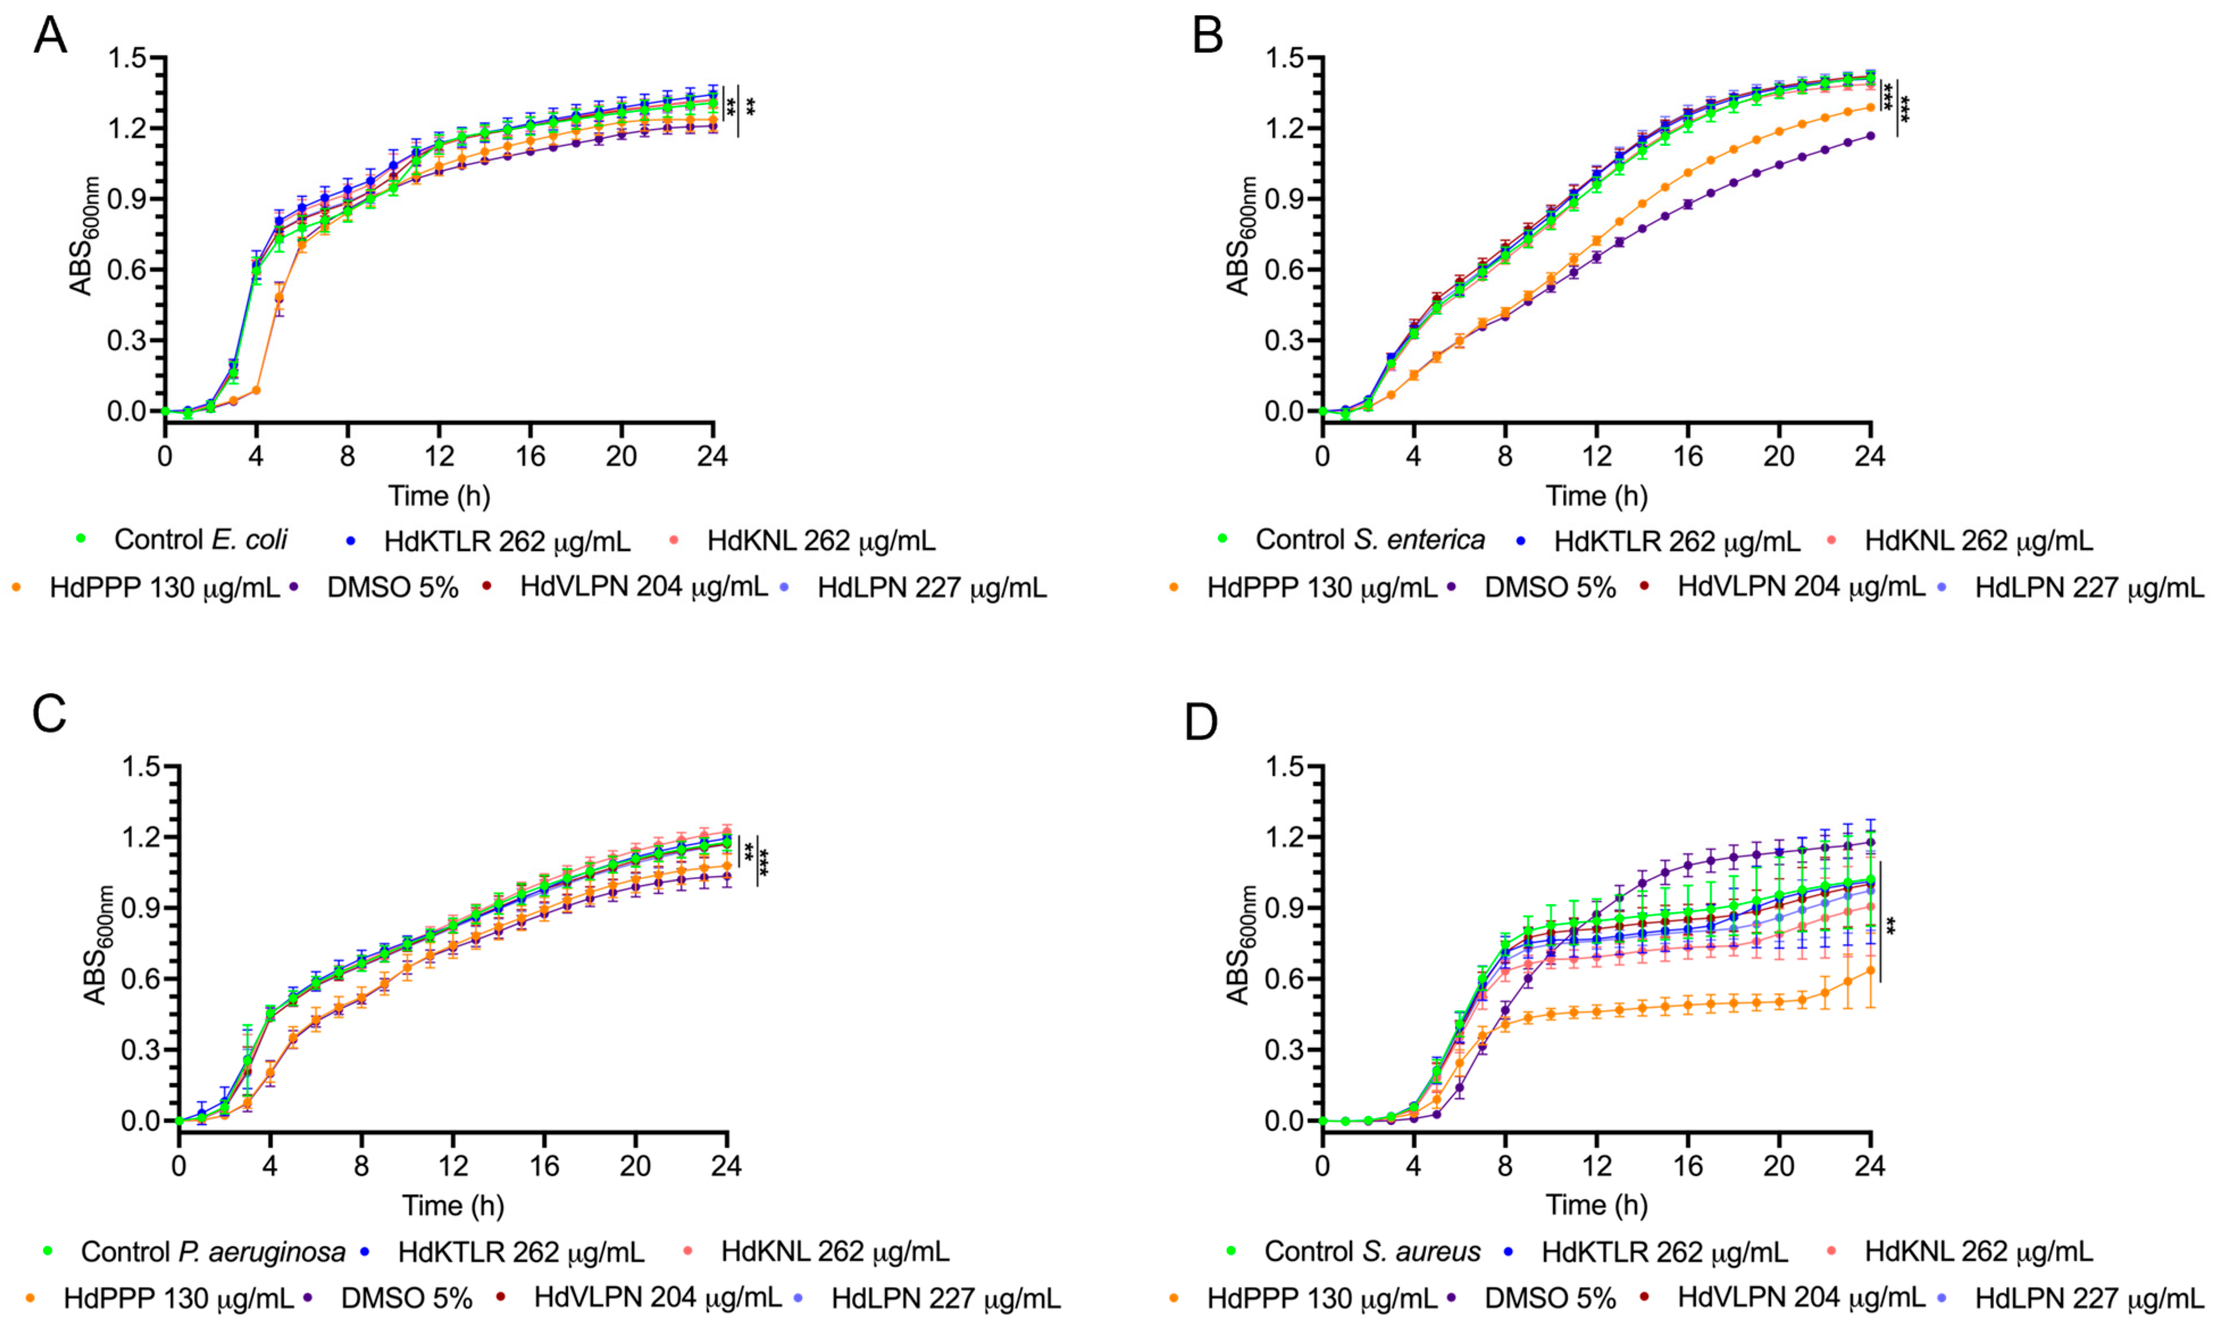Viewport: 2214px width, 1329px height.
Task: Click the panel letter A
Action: click(50, 37)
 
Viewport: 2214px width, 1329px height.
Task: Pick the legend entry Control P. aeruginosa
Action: click(212, 1251)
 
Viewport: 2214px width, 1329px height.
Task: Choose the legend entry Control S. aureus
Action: click(1372, 1251)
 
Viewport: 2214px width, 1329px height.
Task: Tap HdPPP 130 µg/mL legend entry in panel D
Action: click(1321, 1298)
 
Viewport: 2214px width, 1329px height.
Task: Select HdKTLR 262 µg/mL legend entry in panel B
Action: click(1676, 541)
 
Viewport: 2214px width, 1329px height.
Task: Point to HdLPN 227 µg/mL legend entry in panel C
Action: click(945, 1298)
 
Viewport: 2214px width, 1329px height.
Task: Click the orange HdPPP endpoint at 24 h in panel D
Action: click(1870, 970)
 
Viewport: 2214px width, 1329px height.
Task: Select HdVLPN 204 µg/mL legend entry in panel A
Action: click(643, 587)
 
